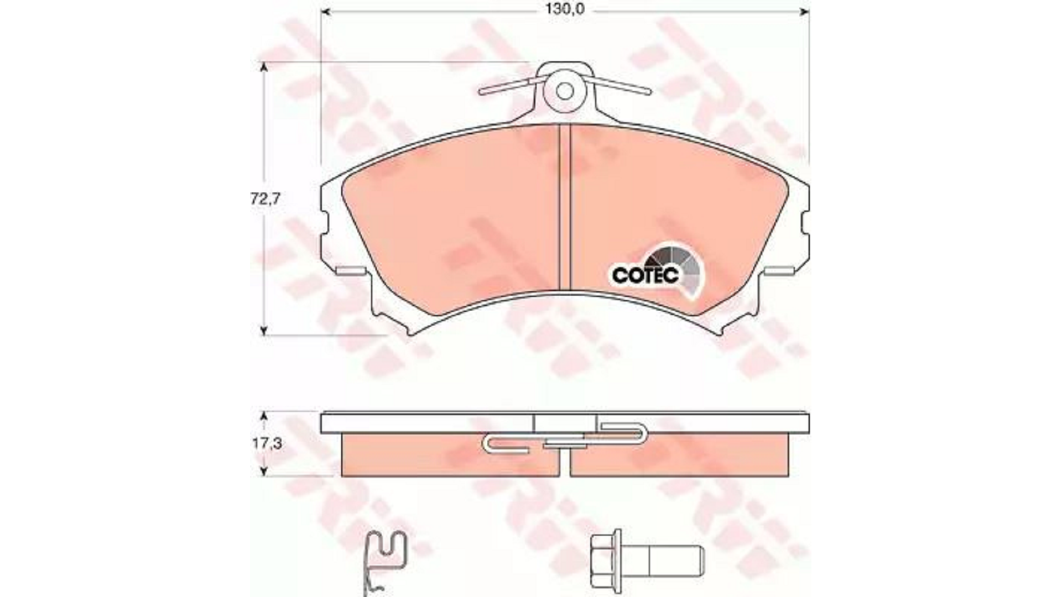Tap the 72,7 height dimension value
[x=265, y=199]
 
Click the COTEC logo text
[x=645, y=275]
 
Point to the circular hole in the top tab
[x=565, y=91]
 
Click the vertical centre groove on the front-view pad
[x=565, y=207]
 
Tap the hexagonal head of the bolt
[x=607, y=561]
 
